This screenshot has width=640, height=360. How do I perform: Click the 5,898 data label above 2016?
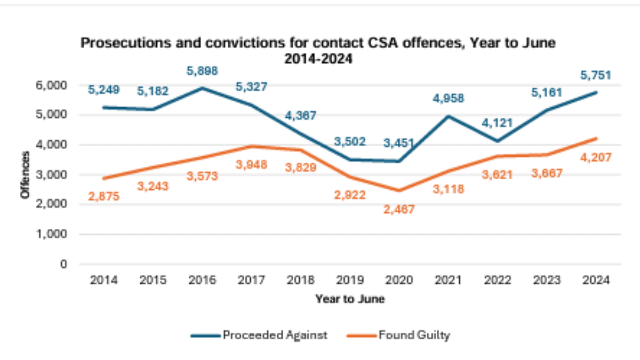(x=203, y=71)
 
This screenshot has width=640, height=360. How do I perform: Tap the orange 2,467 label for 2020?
(x=399, y=209)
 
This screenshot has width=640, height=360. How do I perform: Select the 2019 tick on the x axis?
(x=350, y=279)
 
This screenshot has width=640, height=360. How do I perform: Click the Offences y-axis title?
(x=25, y=175)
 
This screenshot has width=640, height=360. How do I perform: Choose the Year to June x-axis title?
(x=349, y=299)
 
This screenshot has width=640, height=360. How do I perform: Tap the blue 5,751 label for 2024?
(x=596, y=75)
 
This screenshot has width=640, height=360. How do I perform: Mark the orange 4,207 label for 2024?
(x=596, y=157)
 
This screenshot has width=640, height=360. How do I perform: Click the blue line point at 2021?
(x=449, y=116)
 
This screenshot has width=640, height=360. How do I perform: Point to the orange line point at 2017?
(x=252, y=146)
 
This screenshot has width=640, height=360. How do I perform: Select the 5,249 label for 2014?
(x=104, y=91)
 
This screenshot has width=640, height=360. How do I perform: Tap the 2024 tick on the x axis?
(x=596, y=279)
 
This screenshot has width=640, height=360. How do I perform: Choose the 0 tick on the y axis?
(x=63, y=264)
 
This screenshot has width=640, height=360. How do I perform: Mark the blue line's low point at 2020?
(x=399, y=161)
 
